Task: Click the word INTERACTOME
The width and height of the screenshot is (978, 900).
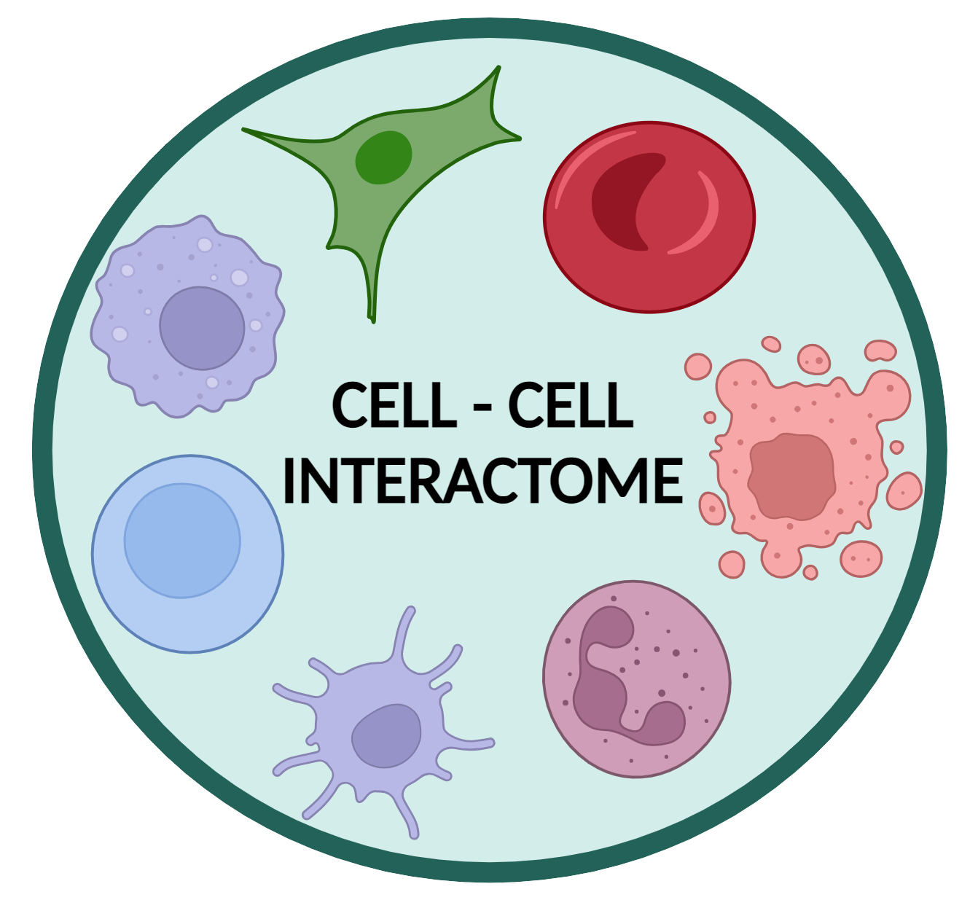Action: click(482, 481)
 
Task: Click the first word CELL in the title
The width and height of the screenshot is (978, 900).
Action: click(394, 405)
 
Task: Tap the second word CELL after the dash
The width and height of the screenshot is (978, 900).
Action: click(570, 405)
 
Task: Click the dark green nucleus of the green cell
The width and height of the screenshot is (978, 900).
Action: click(383, 157)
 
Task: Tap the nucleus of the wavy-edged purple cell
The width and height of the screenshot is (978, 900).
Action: click(202, 328)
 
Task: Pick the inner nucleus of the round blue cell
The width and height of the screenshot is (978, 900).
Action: click(181, 541)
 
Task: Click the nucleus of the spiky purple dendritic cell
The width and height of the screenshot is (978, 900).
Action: click(386, 735)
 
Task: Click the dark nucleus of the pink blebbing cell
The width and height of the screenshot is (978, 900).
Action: click(791, 477)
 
